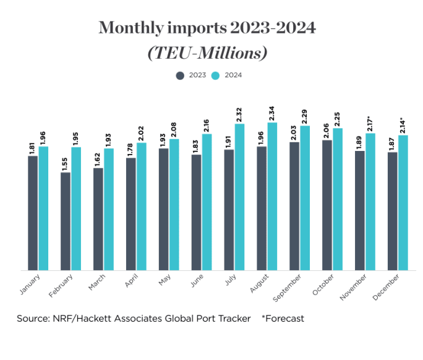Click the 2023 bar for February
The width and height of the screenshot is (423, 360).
click(65, 221)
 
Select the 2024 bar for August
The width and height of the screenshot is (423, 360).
click(273, 196)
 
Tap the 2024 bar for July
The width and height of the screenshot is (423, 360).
click(240, 197)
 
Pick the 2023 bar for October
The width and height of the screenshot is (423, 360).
click(327, 205)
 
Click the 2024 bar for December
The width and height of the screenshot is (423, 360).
click(404, 202)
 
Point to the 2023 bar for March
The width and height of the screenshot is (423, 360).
click(98, 219)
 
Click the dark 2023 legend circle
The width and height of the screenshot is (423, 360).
click(180, 75)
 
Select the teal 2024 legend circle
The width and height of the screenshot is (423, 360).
click(216, 75)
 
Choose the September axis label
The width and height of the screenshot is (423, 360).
click(286, 288)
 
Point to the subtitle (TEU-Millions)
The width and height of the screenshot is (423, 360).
click(207, 53)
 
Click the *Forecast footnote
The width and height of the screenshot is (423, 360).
click(283, 319)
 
